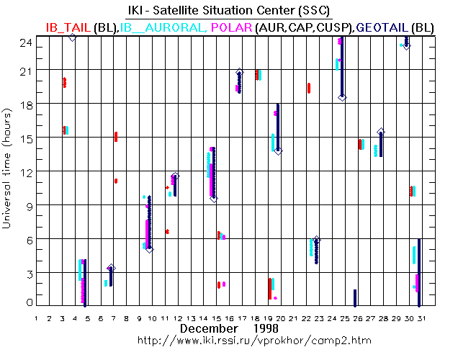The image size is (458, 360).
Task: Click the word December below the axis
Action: tap(209, 328)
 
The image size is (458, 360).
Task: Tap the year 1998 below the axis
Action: tap(270, 328)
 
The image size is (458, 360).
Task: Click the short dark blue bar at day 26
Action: tap(355, 297)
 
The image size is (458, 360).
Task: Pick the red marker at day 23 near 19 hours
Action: tap(309, 88)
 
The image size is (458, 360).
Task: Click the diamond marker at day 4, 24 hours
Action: tap(72, 37)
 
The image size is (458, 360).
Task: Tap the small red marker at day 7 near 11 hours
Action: tap(115, 181)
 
